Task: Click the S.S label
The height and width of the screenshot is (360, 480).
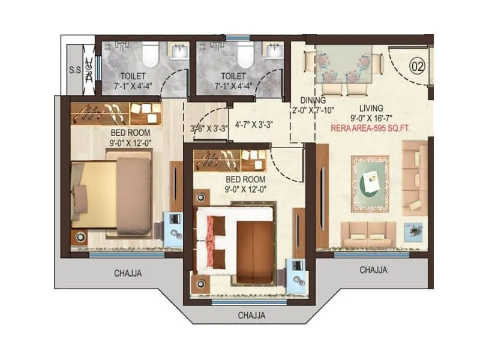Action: [75, 70]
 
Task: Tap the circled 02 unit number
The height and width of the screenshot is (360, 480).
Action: [416, 65]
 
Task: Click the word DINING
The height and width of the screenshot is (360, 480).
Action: [314, 100]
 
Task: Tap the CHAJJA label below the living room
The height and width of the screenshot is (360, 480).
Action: [373, 270]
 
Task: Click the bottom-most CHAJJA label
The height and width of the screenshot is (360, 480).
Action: [251, 315]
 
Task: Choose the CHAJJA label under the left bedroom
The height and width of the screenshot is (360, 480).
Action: [128, 274]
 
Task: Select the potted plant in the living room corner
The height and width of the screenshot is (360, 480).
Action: [413, 231]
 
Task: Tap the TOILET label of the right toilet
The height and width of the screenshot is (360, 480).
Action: [233, 76]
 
